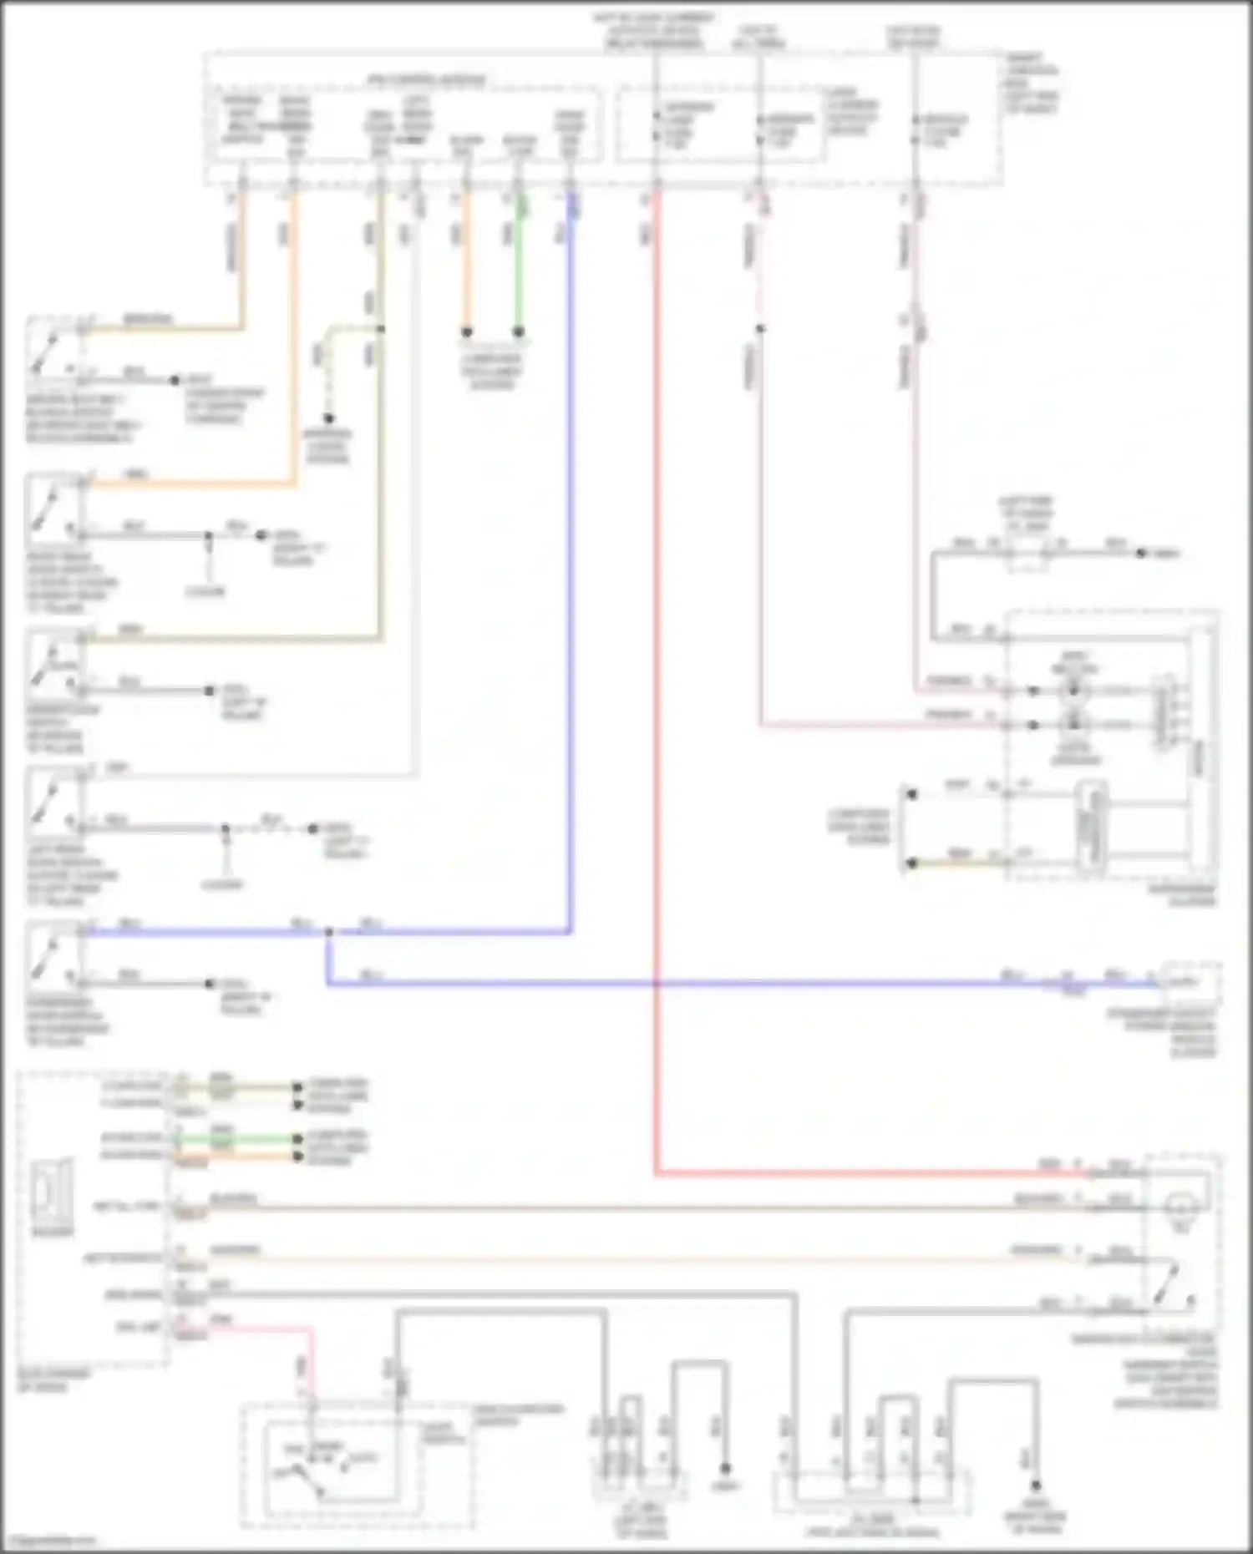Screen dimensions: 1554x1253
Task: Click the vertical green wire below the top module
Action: (518, 267)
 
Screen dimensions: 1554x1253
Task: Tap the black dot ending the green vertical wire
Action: (518, 332)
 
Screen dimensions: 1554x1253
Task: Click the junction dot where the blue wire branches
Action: (328, 932)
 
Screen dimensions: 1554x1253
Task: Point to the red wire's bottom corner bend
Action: (657, 1173)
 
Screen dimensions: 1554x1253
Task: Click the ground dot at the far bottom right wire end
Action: (1035, 1485)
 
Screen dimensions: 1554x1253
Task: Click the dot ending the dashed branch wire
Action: (328, 418)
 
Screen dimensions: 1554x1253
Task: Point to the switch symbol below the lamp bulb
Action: (1174, 1283)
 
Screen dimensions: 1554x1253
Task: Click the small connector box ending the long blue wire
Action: (1190, 982)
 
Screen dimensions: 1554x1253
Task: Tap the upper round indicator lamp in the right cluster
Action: (1074, 691)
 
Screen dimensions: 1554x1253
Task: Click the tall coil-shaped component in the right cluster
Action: (1090, 827)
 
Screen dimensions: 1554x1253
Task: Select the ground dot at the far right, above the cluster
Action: (1140, 553)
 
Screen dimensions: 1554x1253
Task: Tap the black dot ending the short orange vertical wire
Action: (467, 332)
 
